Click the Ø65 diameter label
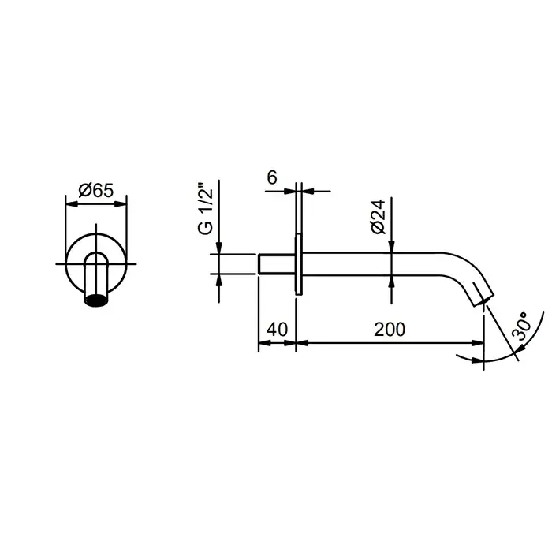pos(96,191)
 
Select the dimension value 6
pos(272,177)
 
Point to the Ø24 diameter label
pos(379,217)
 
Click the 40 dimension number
pos(277,330)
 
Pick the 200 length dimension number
pos(390,330)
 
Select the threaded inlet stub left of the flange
pos(277,263)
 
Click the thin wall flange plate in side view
pos(299,264)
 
